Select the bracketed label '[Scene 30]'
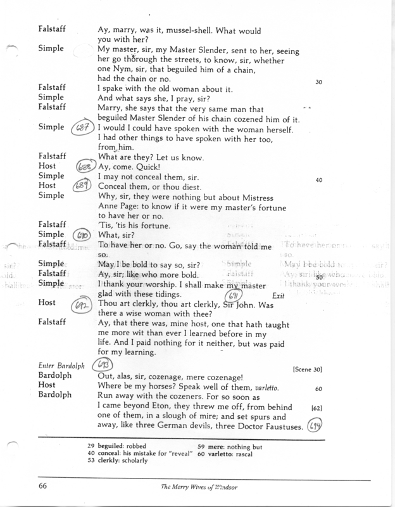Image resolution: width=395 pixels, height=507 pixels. pyautogui.click(x=309, y=368)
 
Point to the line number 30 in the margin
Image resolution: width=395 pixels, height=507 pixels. pyautogui.click(x=318, y=82)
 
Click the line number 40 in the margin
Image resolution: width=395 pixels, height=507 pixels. pyautogui.click(x=318, y=180)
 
